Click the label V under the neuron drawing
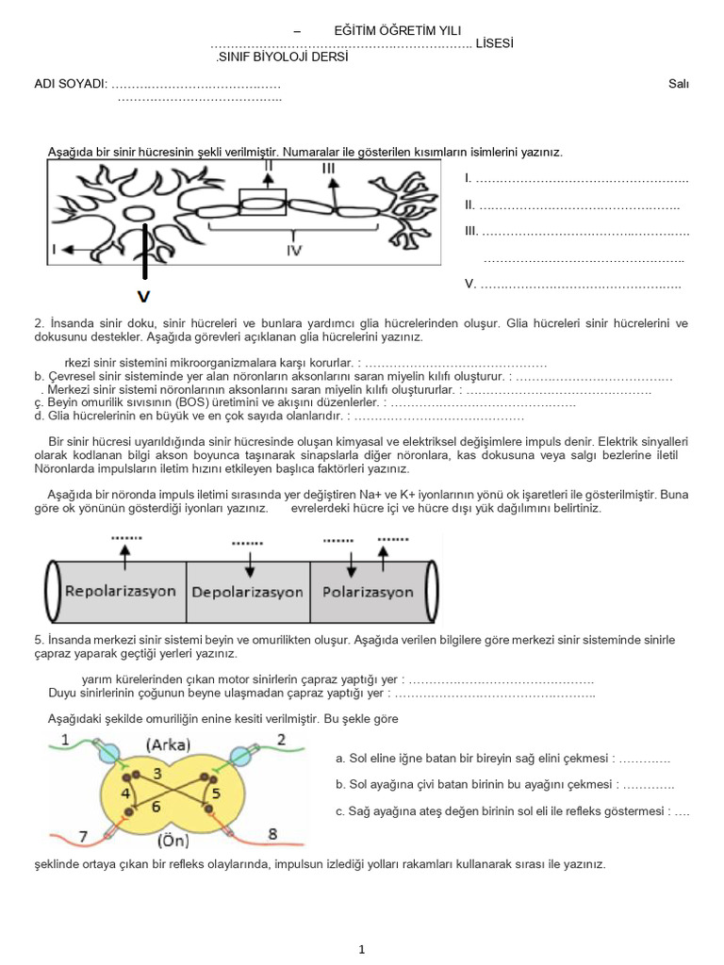[143, 296]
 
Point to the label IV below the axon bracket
[294, 251]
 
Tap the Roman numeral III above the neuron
[328, 169]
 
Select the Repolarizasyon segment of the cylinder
[120, 591]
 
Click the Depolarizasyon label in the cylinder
[248, 592]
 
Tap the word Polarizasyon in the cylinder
[368, 592]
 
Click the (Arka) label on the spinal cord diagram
[169, 744]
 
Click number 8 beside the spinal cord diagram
[272, 833]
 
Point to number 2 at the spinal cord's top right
[281, 740]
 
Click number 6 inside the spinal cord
[156, 807]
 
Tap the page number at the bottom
[361, 950]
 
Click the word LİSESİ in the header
[495, 44]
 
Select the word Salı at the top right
[678, 84]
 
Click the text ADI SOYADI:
[71, 84]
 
